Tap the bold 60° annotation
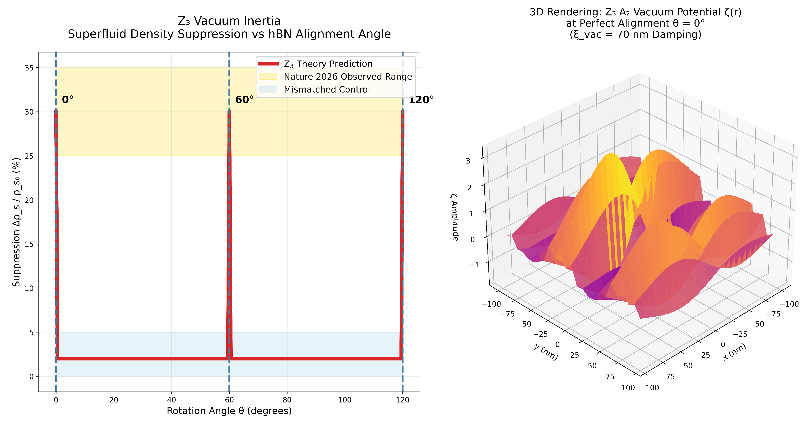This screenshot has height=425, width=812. coord(244,100)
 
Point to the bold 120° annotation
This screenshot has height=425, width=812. coord(421,100)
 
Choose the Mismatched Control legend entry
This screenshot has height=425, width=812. coord(327,89)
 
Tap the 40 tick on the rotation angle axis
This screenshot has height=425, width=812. coord(172,400)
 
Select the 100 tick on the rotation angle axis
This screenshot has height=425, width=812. coord(345,400)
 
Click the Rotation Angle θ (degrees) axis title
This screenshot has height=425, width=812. coord(229,411)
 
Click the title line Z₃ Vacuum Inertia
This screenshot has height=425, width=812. coord(229,21)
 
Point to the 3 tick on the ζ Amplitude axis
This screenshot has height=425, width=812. coord(468,161)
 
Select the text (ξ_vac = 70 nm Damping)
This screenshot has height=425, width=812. coord(636,34)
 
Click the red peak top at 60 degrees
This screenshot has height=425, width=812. coord(229,111)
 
